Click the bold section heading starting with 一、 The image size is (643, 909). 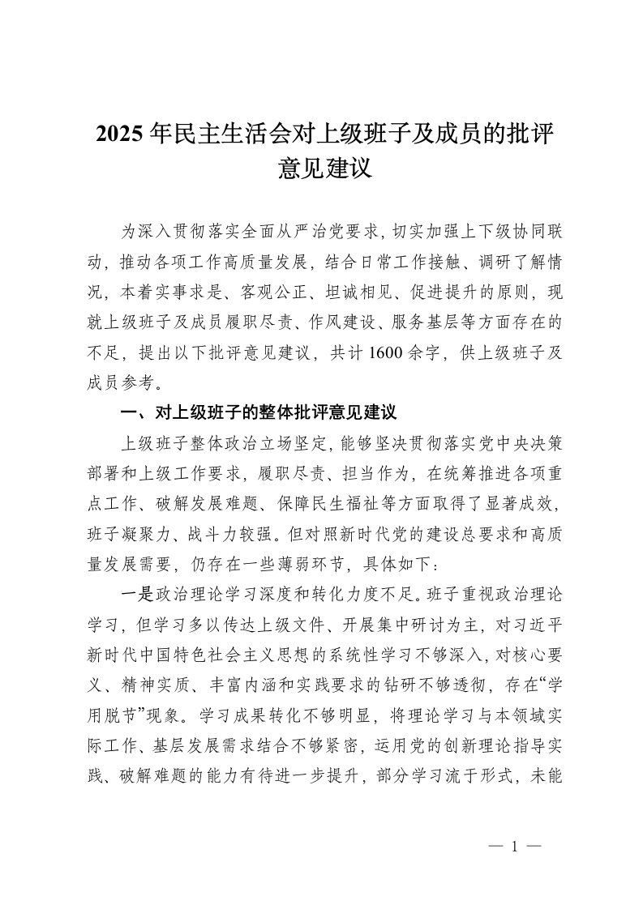coord(257,413)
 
